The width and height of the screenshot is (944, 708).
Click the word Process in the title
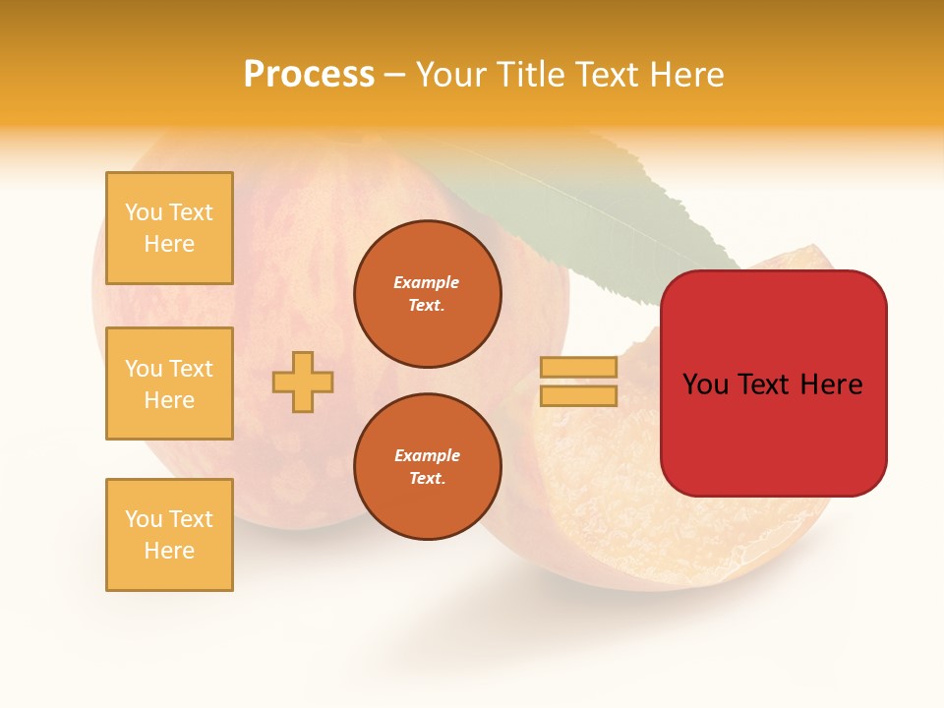pos(309,75)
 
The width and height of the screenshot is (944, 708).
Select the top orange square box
pos(169,228)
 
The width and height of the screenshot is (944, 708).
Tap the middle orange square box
pos(169,383)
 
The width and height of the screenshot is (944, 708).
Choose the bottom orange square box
pos(169,535)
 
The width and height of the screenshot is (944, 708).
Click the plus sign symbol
pos(303,382)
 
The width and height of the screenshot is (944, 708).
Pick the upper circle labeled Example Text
pos(428,293)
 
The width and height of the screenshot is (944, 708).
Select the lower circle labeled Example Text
pos(428,466)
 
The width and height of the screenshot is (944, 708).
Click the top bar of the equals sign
pos(579,367)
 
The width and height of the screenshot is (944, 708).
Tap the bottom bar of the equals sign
pos(579,395)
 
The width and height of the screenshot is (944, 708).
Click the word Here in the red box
pos(831,384)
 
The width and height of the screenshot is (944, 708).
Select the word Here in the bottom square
pos(169,551)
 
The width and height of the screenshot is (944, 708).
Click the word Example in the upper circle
pos(426,282)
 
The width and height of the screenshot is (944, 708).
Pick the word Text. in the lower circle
pos(428,478)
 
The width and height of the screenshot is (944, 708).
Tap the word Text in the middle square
pos(192,369)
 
